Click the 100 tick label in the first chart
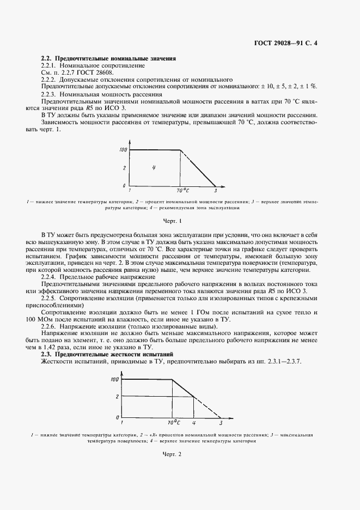click(x=123, y=149)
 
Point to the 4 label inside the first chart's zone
click(x=154, y=167)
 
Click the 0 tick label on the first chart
click(x=124, y=186)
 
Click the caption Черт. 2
click(x=172, y=454)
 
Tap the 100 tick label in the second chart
click(x=114, y=379)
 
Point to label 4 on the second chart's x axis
click(x=194, y=422)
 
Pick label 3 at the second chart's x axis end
click(x=221, y=422)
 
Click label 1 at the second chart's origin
click(x=121, y=422)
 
